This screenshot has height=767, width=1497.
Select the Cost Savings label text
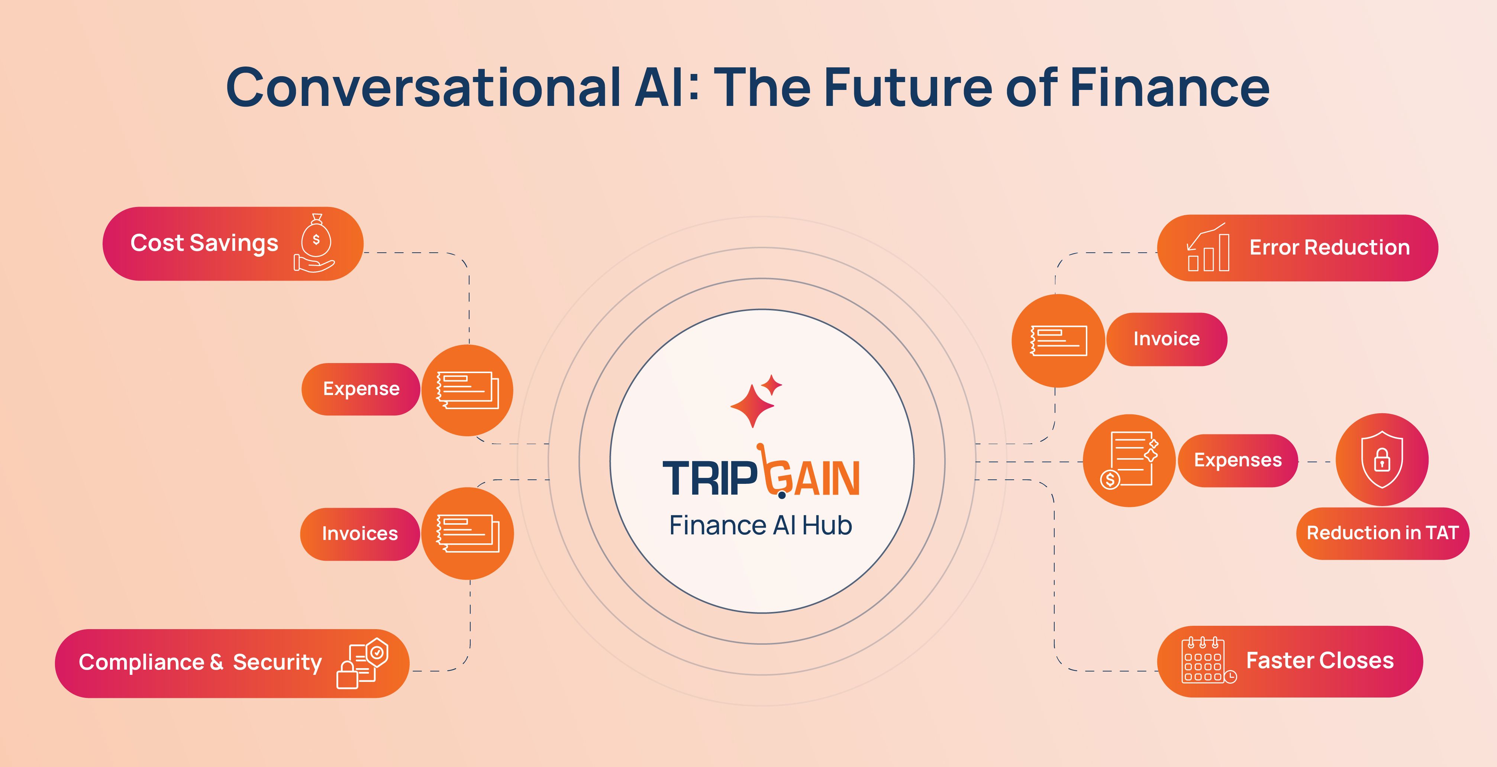click(204, 243)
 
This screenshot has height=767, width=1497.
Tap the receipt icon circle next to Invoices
click(468, 533)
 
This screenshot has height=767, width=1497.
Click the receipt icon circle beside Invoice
click(1058, 340)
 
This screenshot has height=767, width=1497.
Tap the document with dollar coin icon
click(1129, 460)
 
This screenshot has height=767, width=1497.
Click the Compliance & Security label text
click(200, 663)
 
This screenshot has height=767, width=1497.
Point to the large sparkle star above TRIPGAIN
click(752, 405)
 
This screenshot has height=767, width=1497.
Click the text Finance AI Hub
click(761, 525)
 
